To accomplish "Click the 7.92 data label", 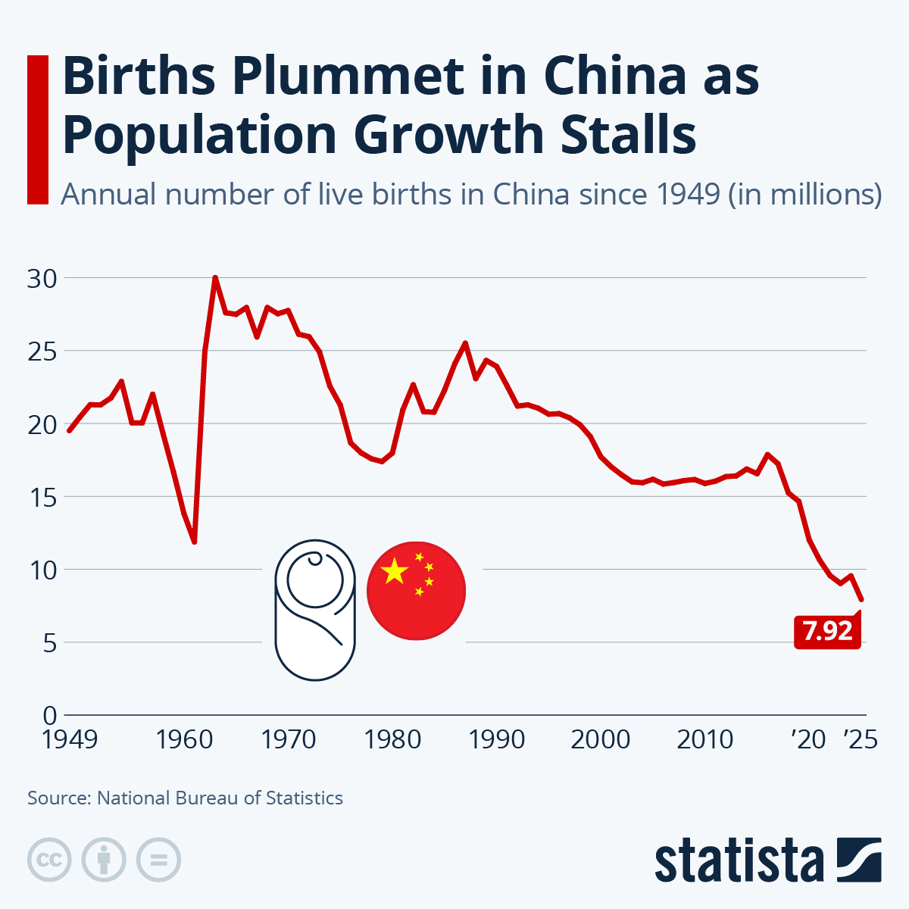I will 827,631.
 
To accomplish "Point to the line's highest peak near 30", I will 215,278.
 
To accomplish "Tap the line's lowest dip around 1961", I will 195,541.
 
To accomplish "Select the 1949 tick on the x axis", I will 70,739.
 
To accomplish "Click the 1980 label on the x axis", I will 392,739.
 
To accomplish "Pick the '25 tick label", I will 861,739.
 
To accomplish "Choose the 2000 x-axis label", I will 600,739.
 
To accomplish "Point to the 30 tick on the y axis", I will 42,279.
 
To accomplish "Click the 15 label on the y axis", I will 42,498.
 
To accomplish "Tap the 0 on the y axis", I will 50,715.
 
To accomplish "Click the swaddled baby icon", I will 315,610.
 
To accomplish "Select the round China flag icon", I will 416,591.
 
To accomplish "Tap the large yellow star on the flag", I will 395,572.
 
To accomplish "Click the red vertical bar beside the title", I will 37,130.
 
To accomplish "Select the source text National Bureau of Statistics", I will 220,798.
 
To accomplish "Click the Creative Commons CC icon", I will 49,860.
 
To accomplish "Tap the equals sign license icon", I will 158,860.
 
